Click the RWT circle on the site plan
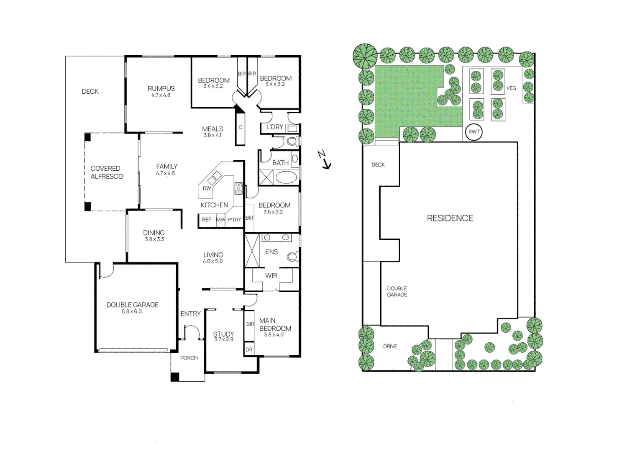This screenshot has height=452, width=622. click(474, 132)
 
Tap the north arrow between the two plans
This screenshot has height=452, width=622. click(324, 160)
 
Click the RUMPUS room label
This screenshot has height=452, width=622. click(161, 89)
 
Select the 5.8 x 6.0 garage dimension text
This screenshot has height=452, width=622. click(132, 312)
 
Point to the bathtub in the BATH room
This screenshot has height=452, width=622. click(287, 177)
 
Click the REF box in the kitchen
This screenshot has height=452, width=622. click(207, 220)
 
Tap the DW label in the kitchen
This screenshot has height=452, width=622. click(207, 188)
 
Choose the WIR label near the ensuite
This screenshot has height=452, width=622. click(271, 276)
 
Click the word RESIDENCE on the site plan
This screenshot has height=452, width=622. click(450, 218)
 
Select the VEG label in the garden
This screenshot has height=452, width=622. click(511, 88)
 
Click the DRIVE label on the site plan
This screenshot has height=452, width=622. click(390, 347)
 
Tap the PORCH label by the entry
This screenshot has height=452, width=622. click(189, 358)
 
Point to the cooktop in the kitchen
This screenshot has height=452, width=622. click(238, 188)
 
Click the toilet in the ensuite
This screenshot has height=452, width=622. click(292, 257)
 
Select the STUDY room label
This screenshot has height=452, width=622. click(223, 334)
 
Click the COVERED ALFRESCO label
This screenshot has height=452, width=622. click(107, 172)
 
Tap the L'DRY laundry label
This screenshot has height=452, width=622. click(275, 127)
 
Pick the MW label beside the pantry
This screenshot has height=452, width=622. click(220, 220)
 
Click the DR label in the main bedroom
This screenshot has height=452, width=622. click(249, 350)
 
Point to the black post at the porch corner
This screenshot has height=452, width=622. click(175, 377)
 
